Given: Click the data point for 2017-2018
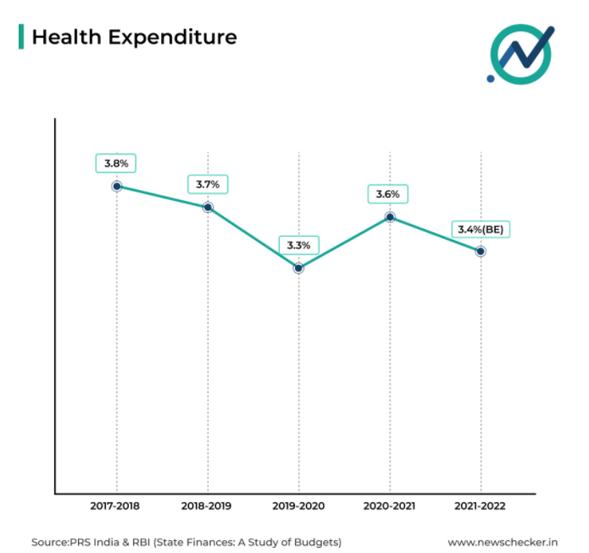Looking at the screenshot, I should [117, 186].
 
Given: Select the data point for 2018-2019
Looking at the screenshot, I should [208, 207].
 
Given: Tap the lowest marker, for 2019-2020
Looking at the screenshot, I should [298, 268].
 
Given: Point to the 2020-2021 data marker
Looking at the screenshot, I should [390, 217].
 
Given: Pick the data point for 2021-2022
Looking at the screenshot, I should [481, 251].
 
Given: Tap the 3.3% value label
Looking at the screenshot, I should [298, 245].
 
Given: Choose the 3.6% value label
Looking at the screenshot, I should [389, 194].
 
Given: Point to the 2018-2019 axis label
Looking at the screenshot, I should [208, 506].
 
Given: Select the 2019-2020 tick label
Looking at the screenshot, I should [298, 506].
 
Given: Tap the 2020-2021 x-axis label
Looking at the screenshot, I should [390, 506].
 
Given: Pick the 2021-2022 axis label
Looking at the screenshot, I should [481, 506].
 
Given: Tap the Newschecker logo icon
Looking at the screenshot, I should [520, 53].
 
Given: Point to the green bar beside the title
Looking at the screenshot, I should [21, 36].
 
